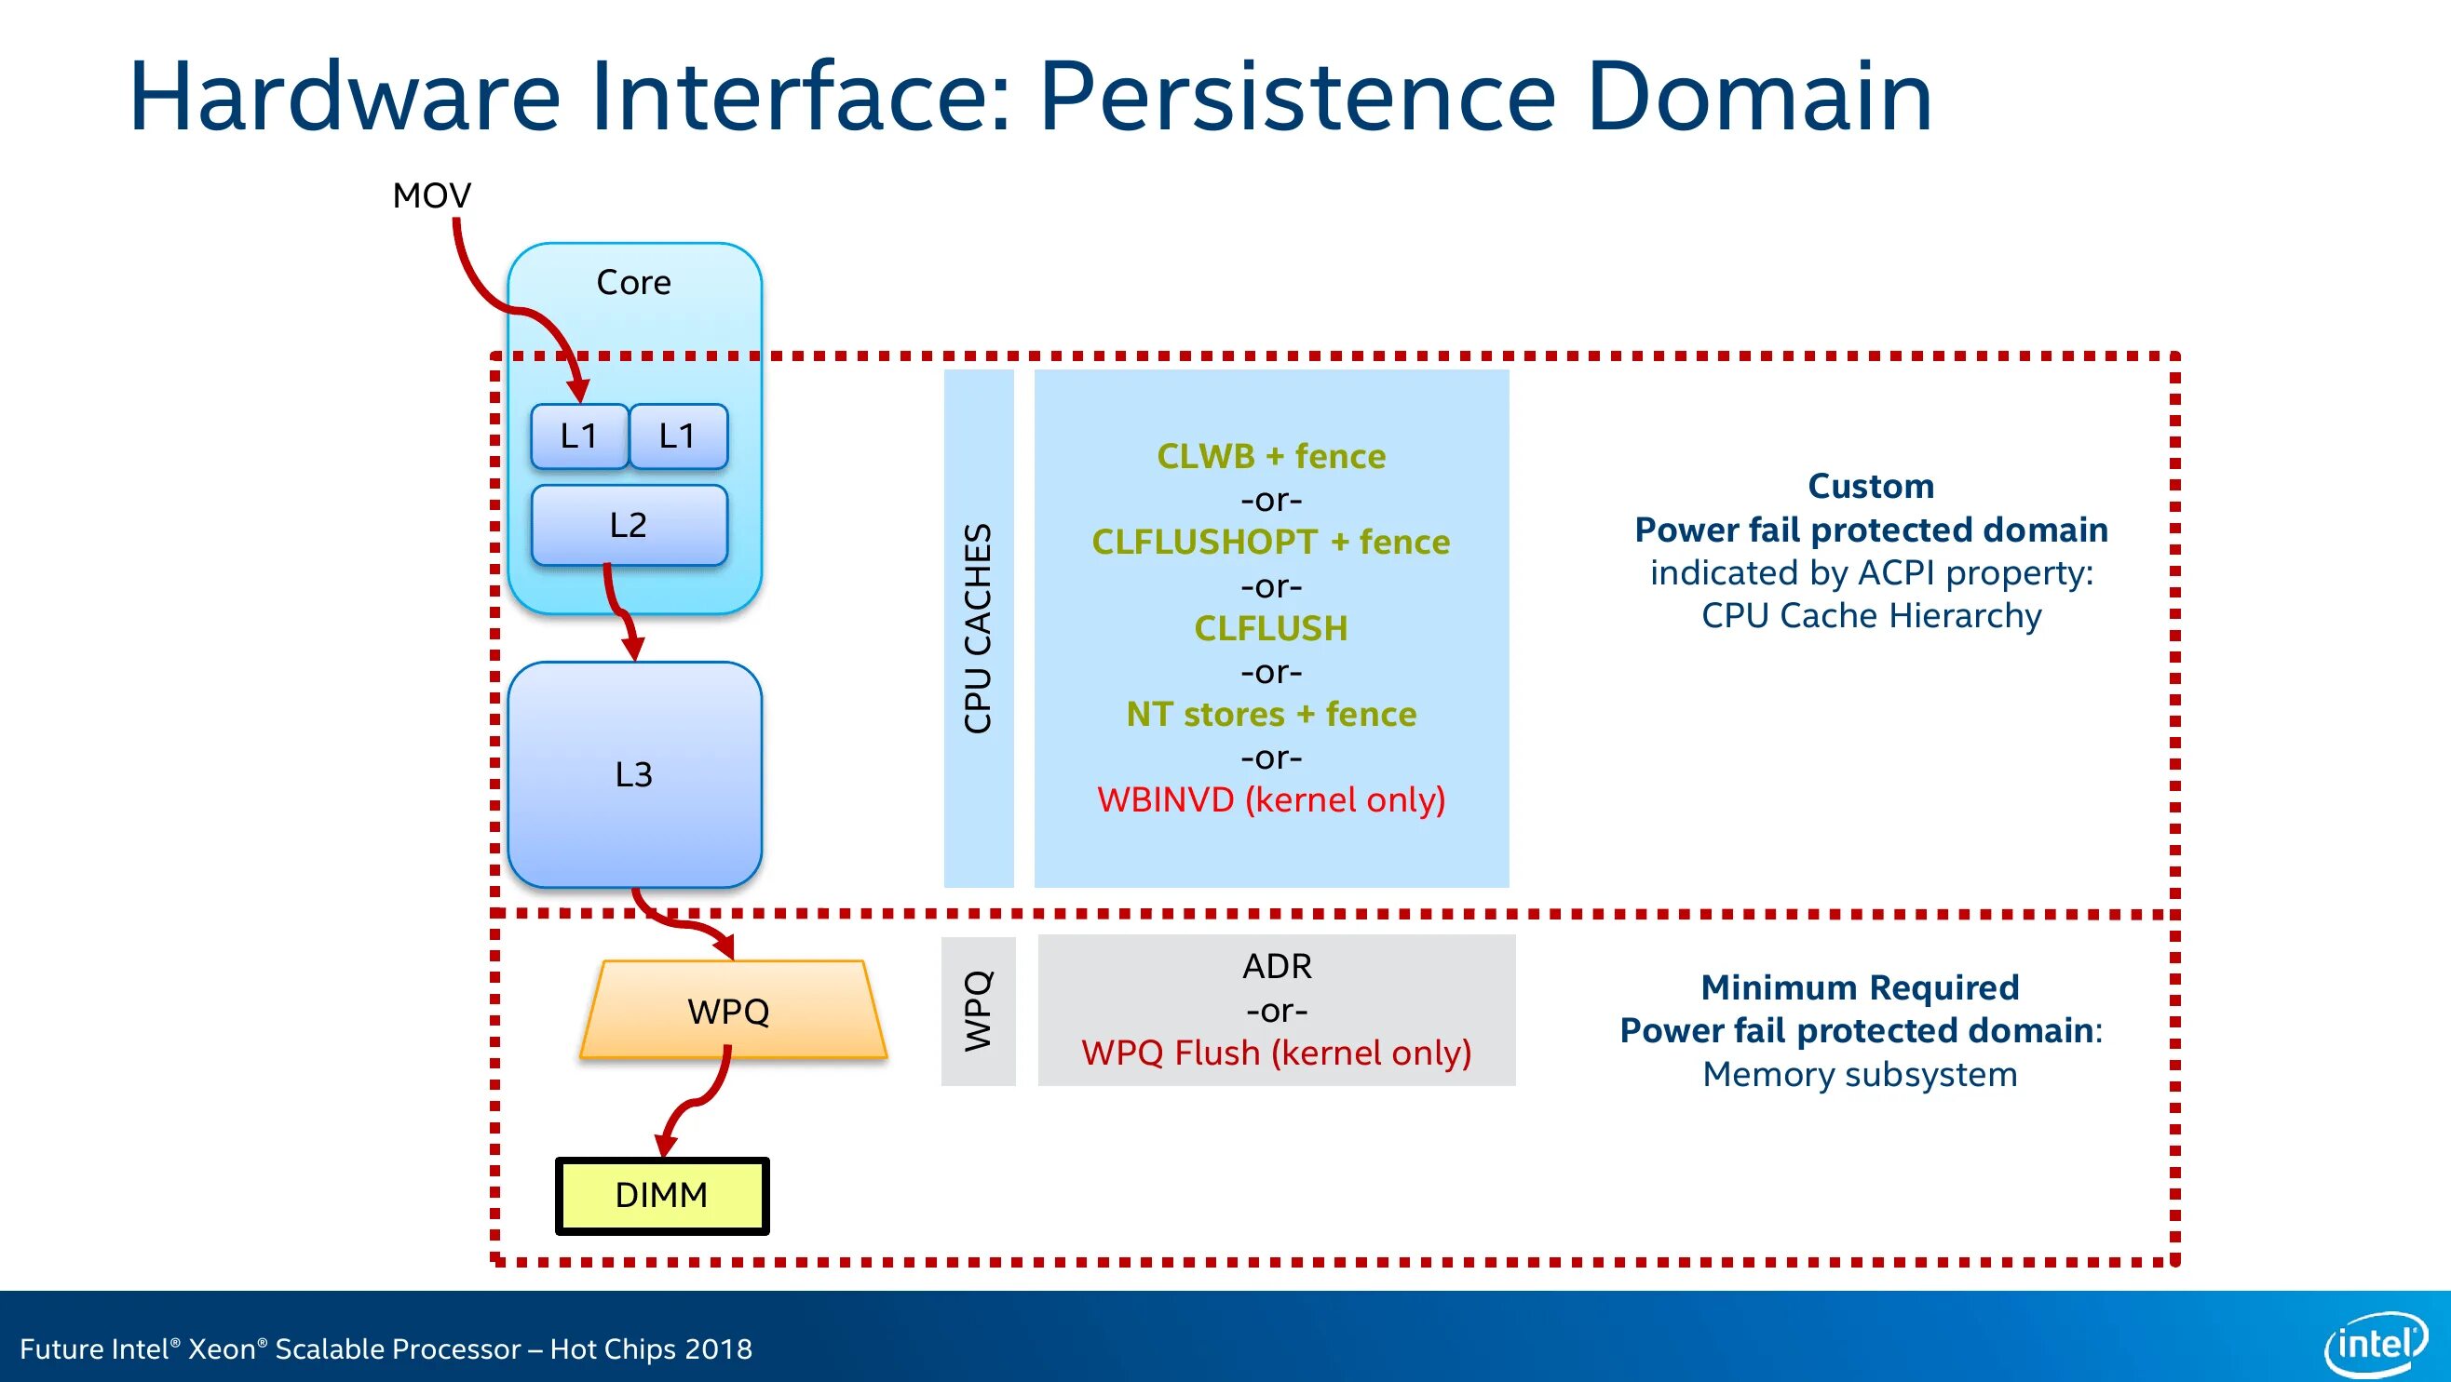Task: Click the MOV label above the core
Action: (x=431, y=196)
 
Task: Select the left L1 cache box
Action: (x=579, y=436)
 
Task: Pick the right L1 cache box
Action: (x=678, y=436)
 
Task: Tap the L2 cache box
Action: (x=629, y=525)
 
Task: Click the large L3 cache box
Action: (x=635, y=775)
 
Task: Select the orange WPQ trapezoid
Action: (x=733, y=1009)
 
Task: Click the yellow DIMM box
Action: (x=662, y=1196)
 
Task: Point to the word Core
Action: (x=633, y=283)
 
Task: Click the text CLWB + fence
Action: (x=1271, y=457)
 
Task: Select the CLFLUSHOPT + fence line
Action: (x=1271, y=543)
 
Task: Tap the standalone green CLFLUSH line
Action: (x=1271, y=629)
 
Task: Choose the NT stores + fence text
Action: (x=1271, y=715)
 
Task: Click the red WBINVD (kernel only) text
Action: (x=1271, y=800)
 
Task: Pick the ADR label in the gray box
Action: (x=1277, y=966)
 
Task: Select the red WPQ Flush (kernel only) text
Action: (x=1277, y=1053)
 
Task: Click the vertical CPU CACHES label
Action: (x=978, y=629)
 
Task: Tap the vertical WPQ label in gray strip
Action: (x=978, y=1011)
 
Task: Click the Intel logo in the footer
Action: (x=2376, y=1345)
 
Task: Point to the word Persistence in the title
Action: (x=1298, y=96)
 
